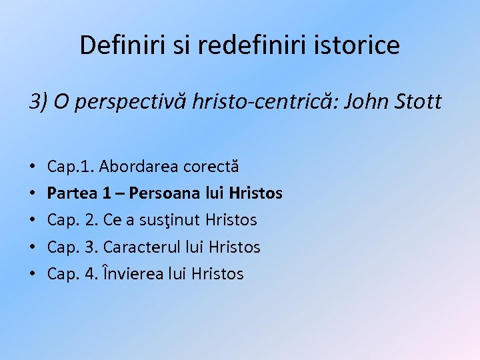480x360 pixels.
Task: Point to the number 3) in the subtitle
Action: [x=37, y=102]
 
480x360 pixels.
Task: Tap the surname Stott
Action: [x=418, y=102]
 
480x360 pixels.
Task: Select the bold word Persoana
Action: [x=160, y=193]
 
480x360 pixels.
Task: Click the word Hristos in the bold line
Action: [x=255, y=193]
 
